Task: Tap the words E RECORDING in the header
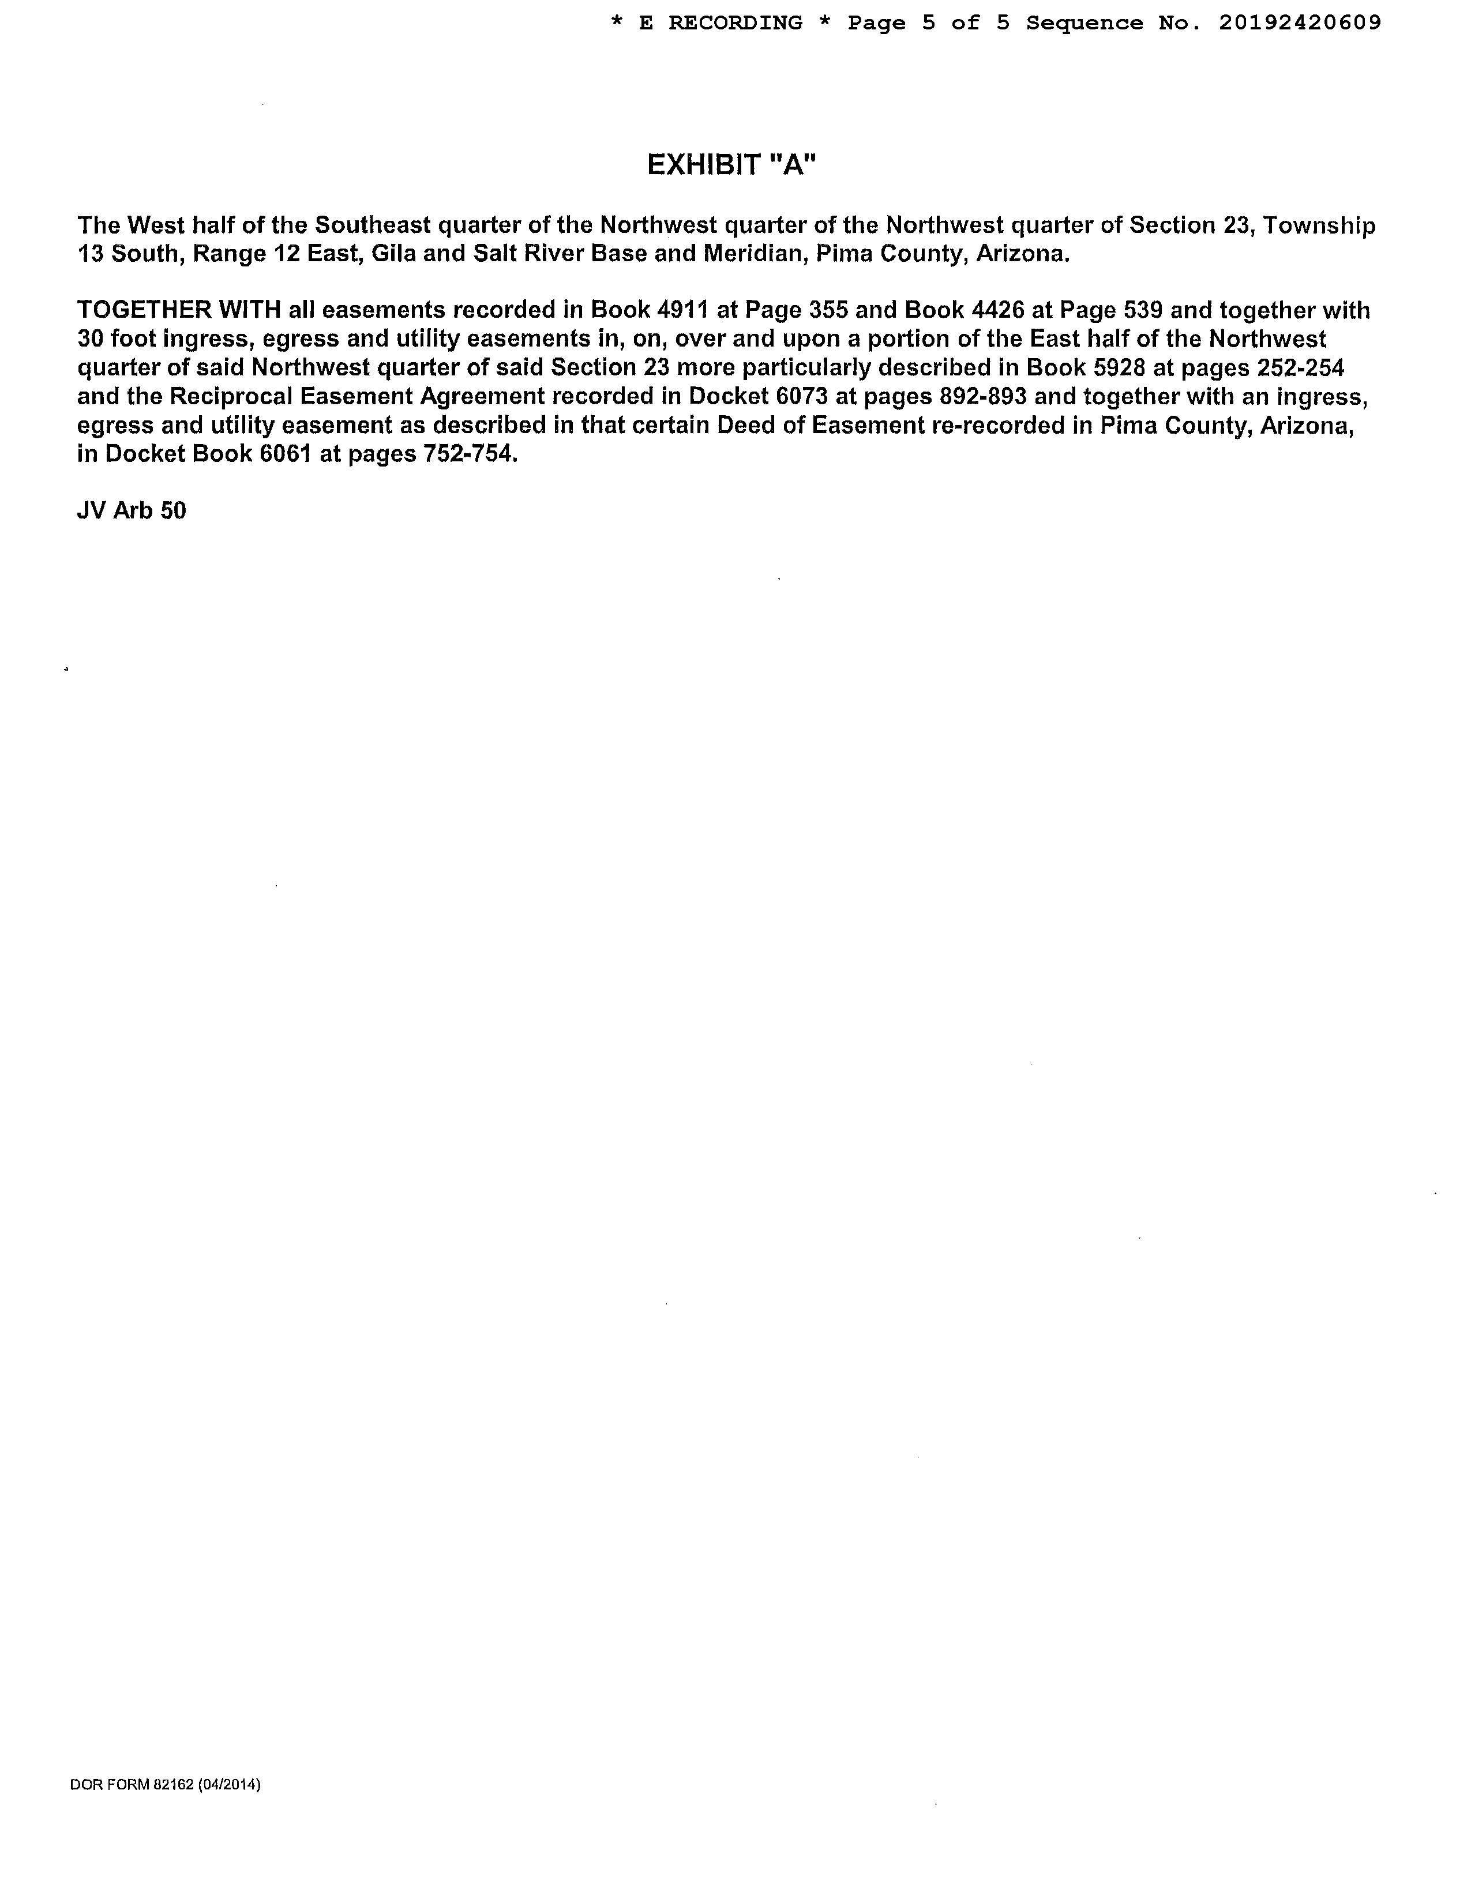(721, 24)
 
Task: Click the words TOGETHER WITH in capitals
(179, 311)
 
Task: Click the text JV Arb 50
(132, 510)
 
